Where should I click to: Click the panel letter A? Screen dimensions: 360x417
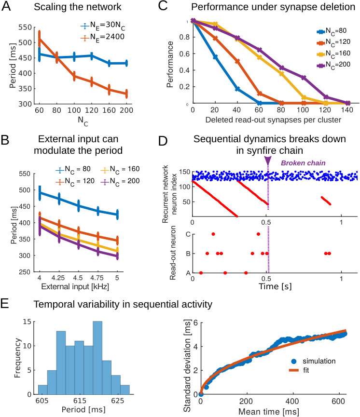tap(6, 6)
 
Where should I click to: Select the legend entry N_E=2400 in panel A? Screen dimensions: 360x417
tap(102, 37)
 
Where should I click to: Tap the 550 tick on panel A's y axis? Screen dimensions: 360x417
tap(25, 27)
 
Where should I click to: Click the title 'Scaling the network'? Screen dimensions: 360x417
tap(78, 7)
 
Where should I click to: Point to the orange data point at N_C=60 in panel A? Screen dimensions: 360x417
tap(40, 39)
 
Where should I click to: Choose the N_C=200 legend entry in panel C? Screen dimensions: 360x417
tap(333, 65)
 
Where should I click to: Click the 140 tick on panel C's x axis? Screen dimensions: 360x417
tap(347, 109)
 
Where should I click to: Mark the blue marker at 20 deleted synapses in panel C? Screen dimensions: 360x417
tap(215, 57)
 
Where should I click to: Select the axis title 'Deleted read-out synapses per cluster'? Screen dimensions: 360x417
tap(273, 120)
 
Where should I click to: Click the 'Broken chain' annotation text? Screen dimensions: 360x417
tap(303, 163)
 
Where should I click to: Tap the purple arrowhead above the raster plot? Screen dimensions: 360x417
tap(268, 161)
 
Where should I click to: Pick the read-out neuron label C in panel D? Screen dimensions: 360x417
tap(188, 234)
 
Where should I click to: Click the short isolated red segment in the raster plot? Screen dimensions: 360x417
tap(326, 201)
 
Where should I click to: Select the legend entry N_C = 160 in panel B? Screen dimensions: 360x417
tap(120, 169)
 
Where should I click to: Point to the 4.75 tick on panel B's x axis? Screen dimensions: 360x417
tap(97, 278)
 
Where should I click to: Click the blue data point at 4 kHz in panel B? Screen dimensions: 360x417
tap(40, 192)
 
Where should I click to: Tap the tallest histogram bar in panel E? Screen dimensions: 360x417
tap(97, 358)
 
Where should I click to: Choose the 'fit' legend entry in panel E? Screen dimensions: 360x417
tap(299, 370)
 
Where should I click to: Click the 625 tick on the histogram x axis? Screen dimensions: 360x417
tap(118, 401)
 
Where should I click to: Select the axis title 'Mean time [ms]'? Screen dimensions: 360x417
tap(268, 412)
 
